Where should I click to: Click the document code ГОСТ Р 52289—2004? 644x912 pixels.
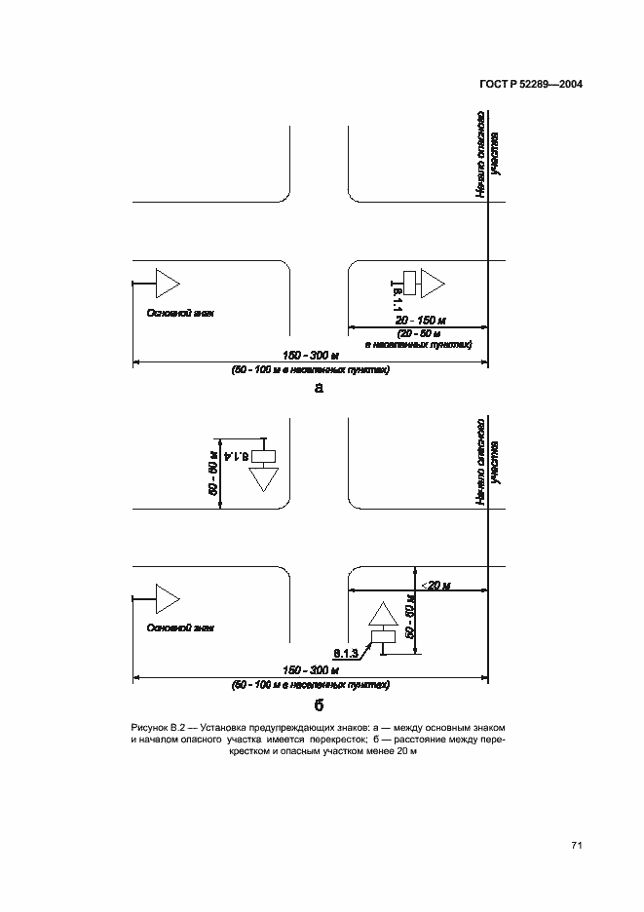pos(531,85)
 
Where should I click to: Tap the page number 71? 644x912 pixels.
pos(576,845)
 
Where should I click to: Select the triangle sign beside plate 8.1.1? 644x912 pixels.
pos(431,283)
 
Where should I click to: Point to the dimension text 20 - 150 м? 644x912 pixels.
pos(420,320)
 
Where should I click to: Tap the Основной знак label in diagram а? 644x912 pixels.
pos(178,314)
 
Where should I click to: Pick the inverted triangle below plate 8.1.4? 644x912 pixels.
pos(263,480)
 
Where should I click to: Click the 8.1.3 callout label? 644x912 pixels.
pos(346,652)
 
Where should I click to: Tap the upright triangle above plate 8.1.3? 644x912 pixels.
pos(382,615)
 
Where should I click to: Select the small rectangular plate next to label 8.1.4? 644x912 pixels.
pos(263,456)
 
